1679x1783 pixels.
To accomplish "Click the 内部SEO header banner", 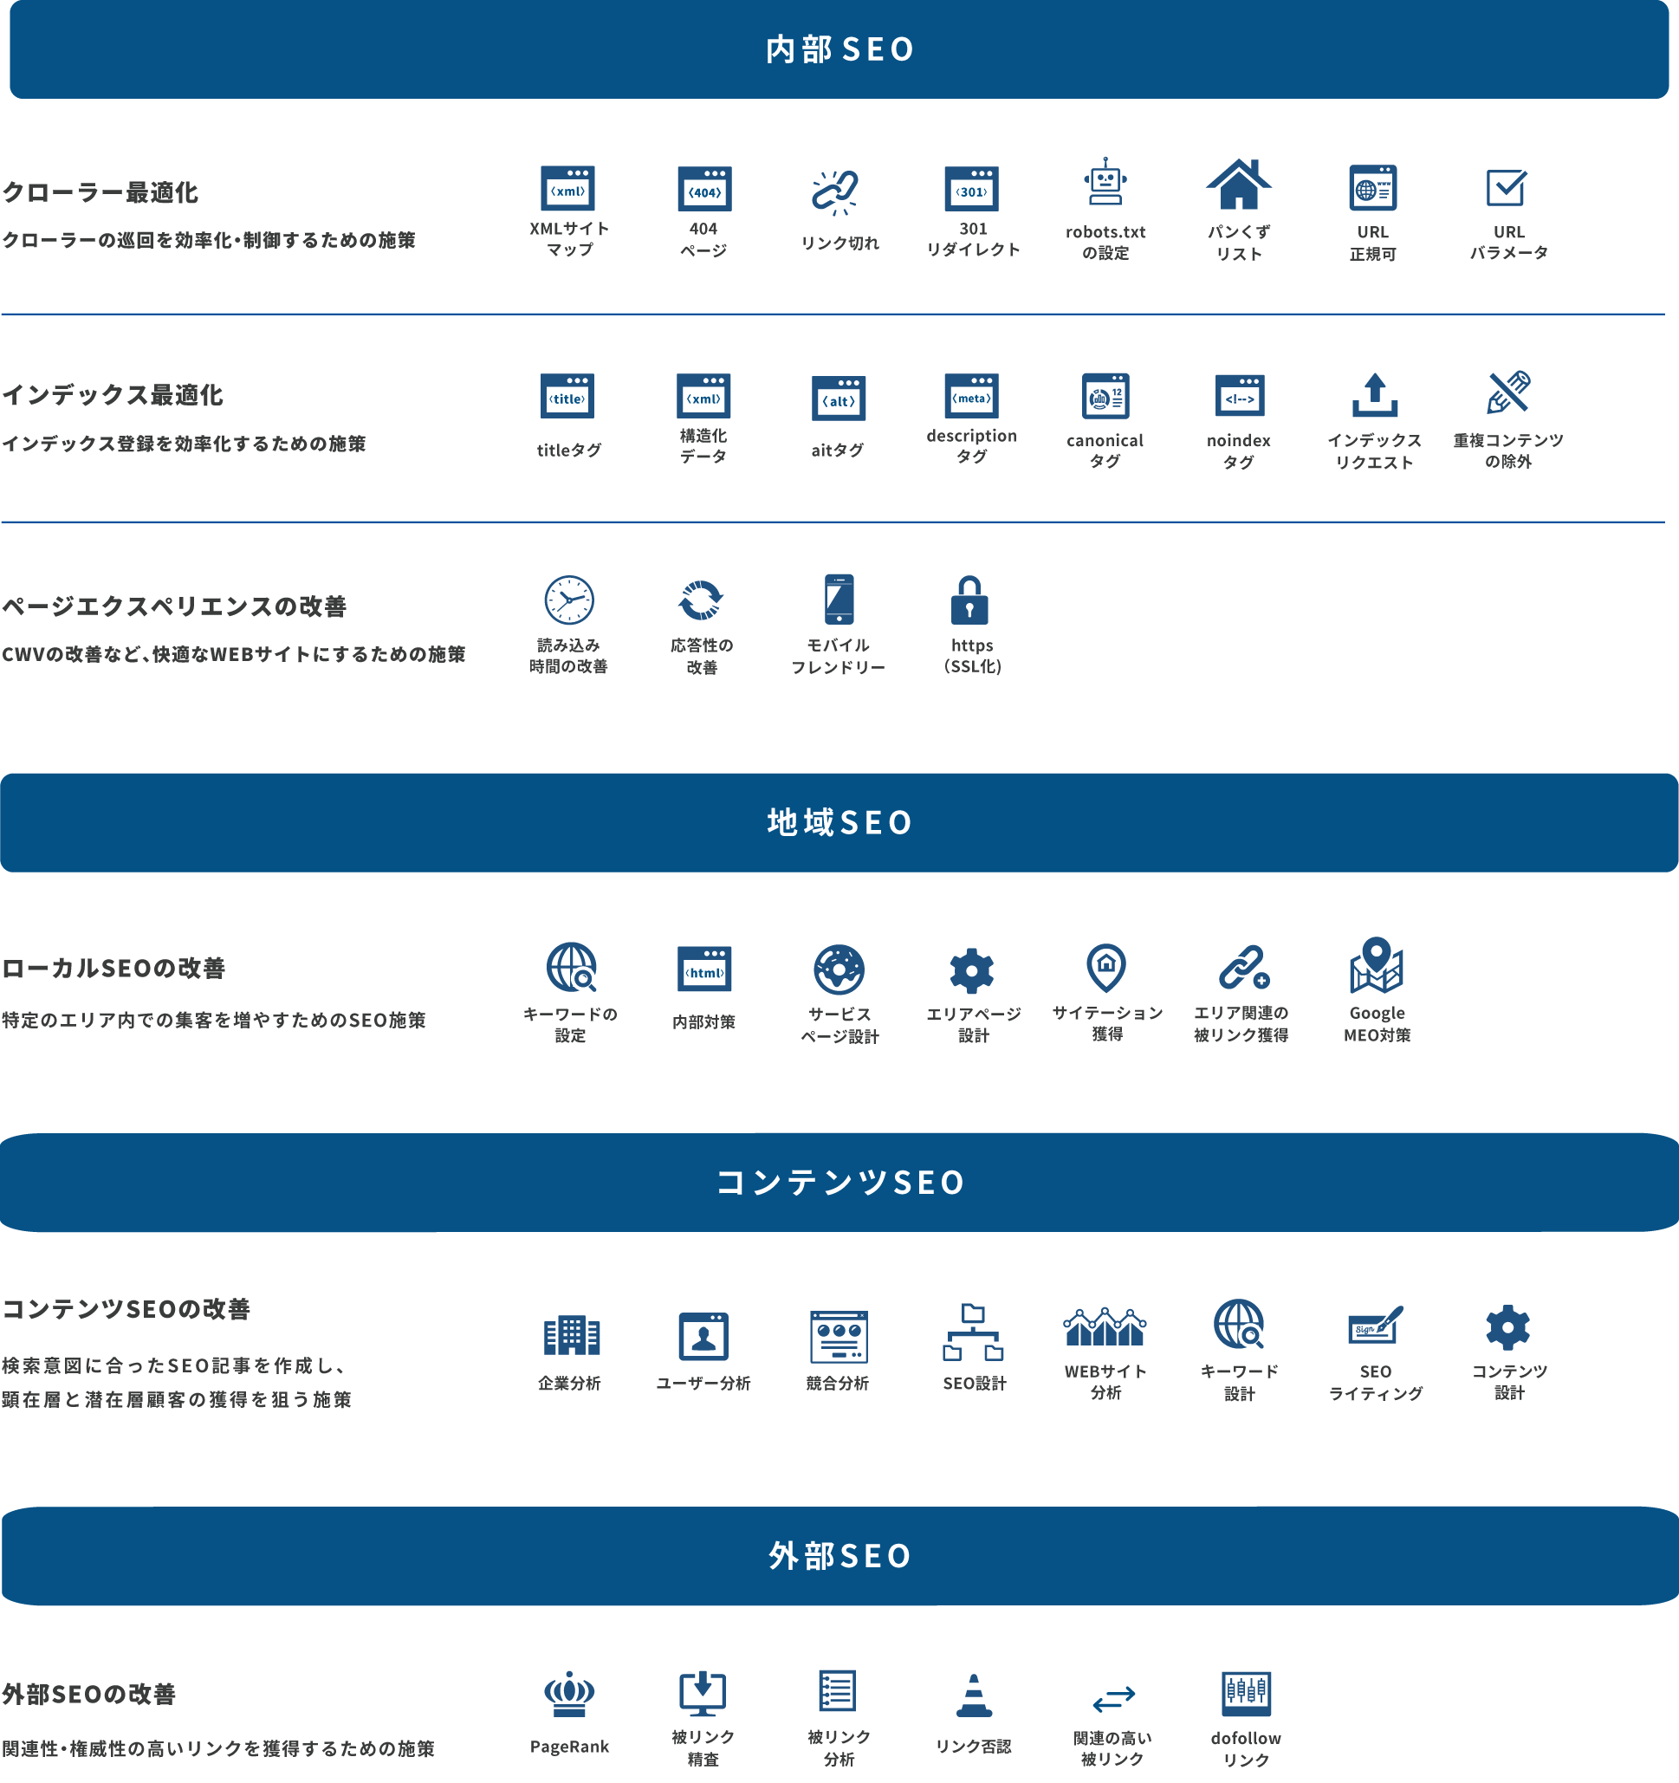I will pos(839,49).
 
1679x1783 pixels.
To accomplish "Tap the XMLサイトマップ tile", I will pos(568,211).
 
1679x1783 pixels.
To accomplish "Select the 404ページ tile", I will pos(703,211).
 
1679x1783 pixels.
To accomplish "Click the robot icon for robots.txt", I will pos(1105,184).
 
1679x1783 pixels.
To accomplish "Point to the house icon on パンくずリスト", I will pos(1239,185).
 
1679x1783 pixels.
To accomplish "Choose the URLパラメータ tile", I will pos(1507,211).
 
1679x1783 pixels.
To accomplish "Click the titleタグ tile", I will pos(568,418).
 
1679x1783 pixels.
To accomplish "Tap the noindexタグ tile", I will pos(1240,418).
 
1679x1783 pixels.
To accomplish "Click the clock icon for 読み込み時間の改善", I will pos(568,600).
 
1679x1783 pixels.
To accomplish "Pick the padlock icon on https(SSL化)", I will pos(969,600).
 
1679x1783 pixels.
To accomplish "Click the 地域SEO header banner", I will pos(839,822).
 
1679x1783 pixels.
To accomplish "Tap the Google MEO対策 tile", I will pos(1374,992).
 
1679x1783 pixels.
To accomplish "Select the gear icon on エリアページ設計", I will pos(971,970).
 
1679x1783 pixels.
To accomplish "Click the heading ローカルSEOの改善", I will pos(113,969).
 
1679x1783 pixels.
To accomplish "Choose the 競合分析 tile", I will pos(837,1353).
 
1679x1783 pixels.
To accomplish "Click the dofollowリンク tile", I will pos(1246,1716).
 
